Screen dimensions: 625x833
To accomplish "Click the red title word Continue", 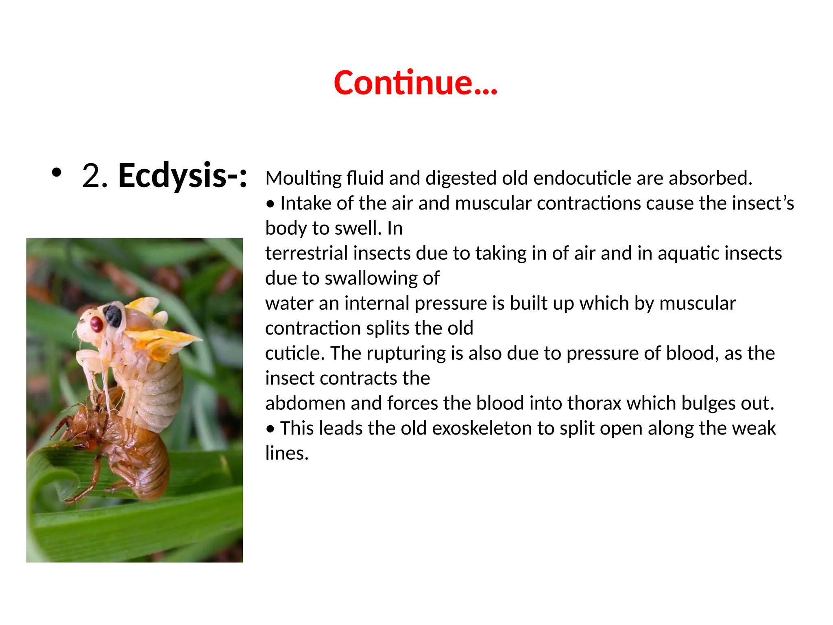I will pyautogui.click(x=415, y=83).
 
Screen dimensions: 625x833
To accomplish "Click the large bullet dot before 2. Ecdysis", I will pyautogui.click(x=57, y=173).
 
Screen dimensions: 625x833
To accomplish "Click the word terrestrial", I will pyautogui.click(x=307, y=253).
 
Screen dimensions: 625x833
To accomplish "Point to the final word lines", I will pyautogui.click(x=286, y=453).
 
